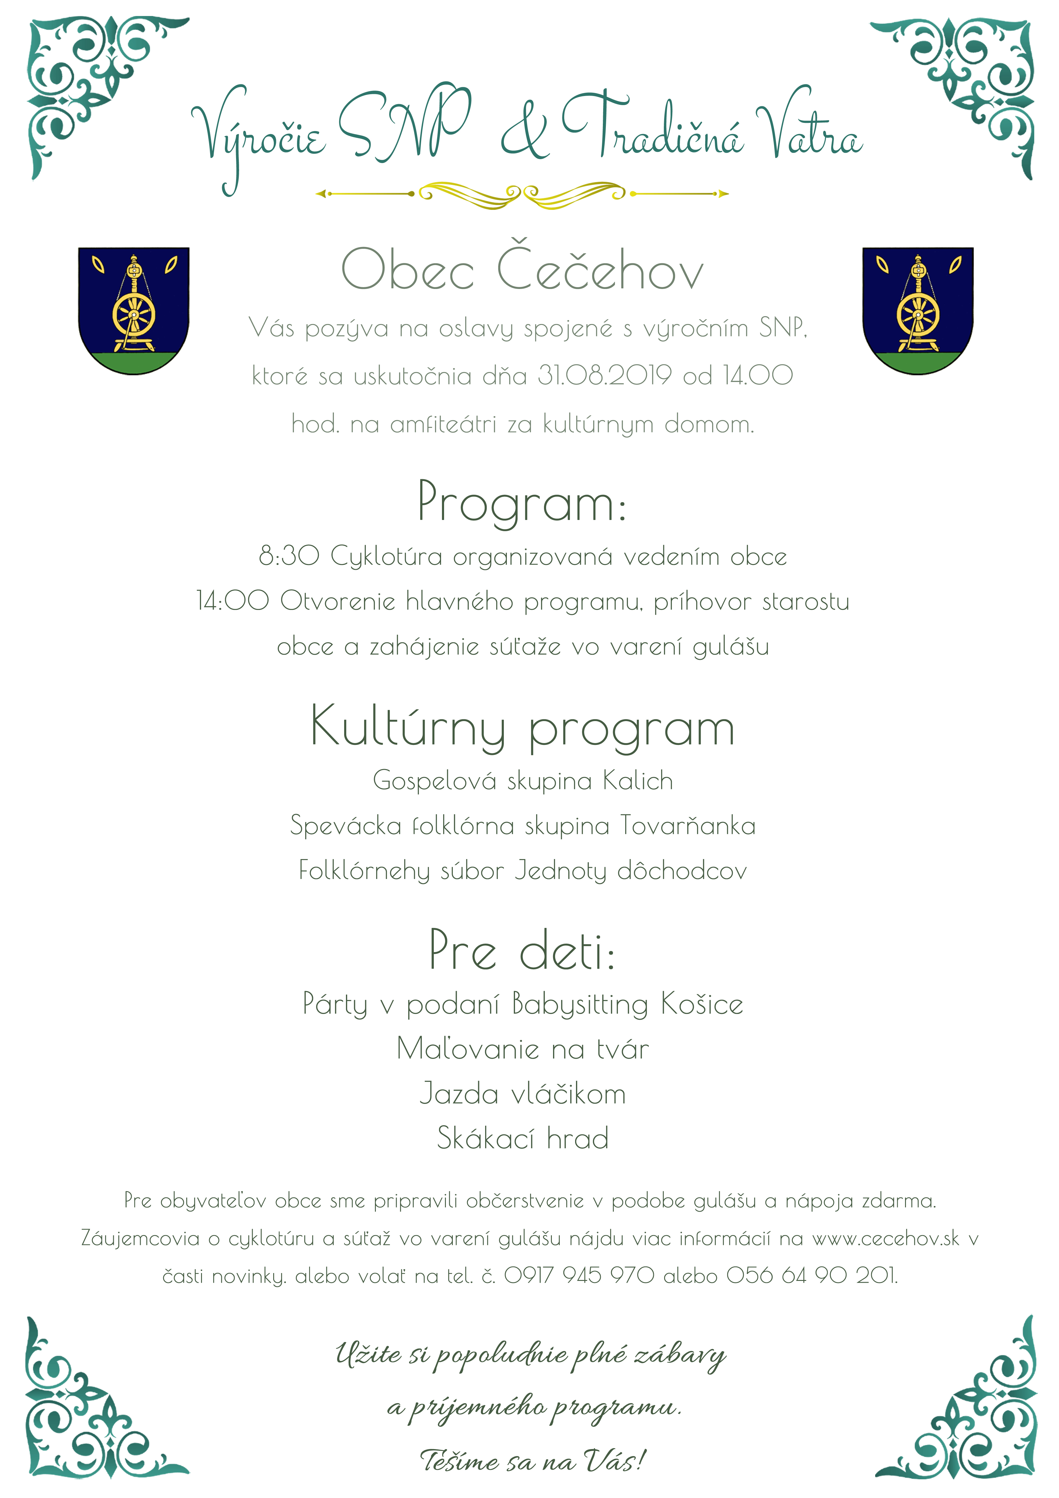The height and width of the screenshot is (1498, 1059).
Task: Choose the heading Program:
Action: pyautogui.click(x=522, y=502)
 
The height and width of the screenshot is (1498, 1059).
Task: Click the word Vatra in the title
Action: pyautogui.click(x=809, y=130)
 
